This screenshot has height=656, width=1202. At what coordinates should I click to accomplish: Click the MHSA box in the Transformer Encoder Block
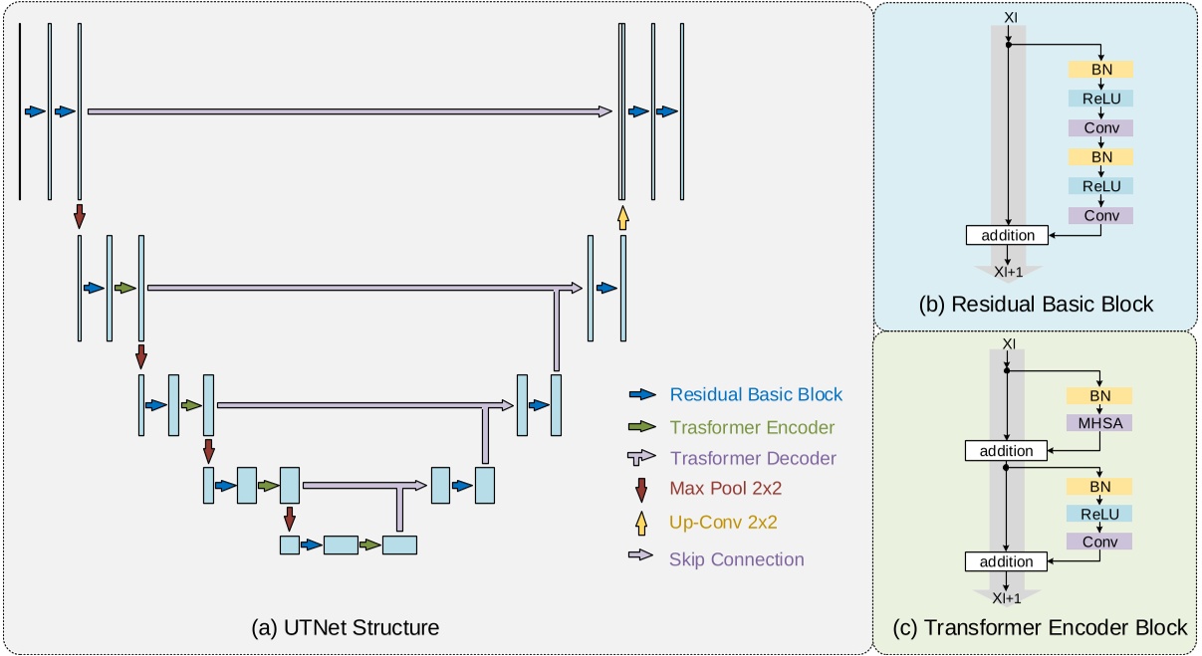pyautogui.click(x=1100, y=423)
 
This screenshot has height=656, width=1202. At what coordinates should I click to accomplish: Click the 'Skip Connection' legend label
pyautogui.click(x=736, y=558)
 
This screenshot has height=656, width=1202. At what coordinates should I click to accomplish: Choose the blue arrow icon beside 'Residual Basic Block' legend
pyautogui.click(x=641, y=394)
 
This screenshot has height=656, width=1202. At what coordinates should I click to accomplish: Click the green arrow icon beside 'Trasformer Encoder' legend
pyautogui.click(x=641, y=426)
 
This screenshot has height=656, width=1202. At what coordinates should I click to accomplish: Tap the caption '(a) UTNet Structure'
pyautogui.click(x=346, y=627)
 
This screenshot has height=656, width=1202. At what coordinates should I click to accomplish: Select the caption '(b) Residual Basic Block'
pyautogui.click(x=1036, y=305)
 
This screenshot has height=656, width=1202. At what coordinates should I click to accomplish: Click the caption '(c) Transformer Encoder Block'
pyautogui.click(x=1036, y=627)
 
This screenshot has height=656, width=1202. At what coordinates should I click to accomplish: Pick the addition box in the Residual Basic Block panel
pyautogui.click(x=1007, y=236)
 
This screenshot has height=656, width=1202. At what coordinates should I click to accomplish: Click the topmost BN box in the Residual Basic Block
pyautogui.click(x=1100, y=70)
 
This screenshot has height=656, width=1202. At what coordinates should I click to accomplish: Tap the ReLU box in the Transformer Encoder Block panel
pyautogui.click(x=1100, y=514)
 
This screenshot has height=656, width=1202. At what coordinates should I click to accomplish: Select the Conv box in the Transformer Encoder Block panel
pyautogui.click(x=1100, y=543)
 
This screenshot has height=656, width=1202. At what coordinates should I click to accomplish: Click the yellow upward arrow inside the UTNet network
pyautogui.click(x=622, y=217)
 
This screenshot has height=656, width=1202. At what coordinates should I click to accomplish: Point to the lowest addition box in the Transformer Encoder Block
pyautogui.click(x=1007, y=561)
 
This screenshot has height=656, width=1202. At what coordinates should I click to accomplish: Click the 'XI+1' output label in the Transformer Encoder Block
pyautogui.click(x=1007, y=598)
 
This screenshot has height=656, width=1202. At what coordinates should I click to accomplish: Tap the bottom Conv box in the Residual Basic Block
pyautogui.click(x=1100, y=215)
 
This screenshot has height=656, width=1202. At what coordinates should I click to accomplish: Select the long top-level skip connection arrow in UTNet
pyautogui.click(x=349, y=111)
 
